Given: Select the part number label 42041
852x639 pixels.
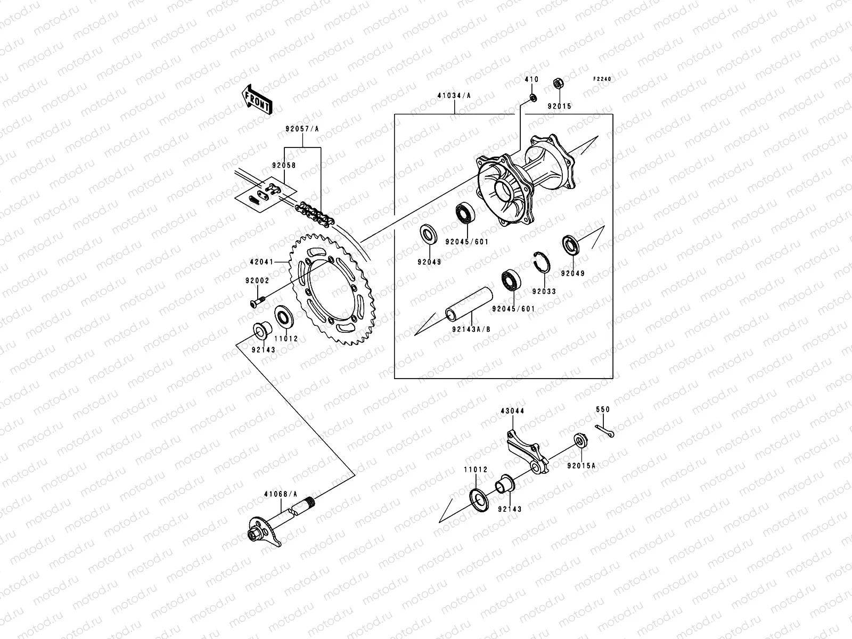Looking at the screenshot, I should tap(261, 262).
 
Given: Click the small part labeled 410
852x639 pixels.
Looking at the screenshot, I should tap(531, 97).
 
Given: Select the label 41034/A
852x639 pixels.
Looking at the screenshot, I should tap(454, 96).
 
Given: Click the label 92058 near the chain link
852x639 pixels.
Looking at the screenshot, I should tap(283, 165).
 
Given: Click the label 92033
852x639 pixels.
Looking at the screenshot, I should tap(544, 291).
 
